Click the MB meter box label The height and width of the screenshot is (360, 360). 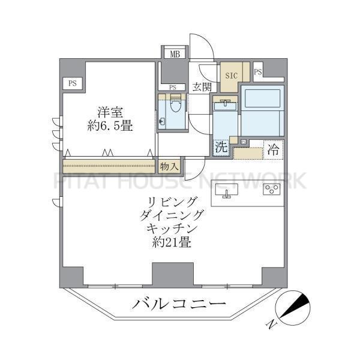tap(174, 55)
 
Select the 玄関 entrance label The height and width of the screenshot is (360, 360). tap(202, 87)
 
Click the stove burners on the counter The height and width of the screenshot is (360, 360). tap(271, 191)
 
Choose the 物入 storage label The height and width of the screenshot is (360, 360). tap(169, 166)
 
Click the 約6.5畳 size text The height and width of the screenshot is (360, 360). tap(107, 126)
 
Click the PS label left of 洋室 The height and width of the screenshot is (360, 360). tap(72, 83)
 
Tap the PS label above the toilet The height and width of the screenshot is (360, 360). tap(173, 88)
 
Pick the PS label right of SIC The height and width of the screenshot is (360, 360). tap(258, 73)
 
